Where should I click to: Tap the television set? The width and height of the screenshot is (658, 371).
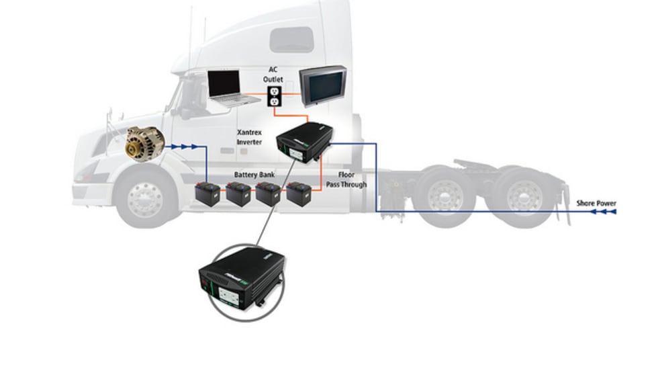point(322,86)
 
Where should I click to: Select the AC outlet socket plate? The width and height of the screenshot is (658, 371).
point(273,95)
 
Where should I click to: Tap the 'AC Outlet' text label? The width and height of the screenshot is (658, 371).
point(273,74)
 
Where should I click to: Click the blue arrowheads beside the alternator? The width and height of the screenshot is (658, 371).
point(185,145)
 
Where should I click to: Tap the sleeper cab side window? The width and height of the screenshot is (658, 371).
point(291,40)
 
